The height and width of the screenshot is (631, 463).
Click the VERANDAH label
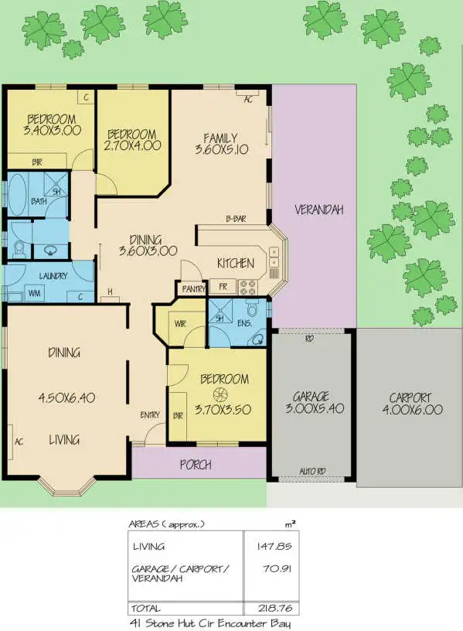pos(318,210)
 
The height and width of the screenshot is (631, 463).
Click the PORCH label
pos(196,465)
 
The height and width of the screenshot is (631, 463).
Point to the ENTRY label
pos(150,415)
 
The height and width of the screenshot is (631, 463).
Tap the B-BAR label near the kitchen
pos(236,219)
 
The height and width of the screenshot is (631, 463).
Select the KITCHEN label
pos(235,264)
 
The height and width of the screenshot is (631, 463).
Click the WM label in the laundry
pos(34,293)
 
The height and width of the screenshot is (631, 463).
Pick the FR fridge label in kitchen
pos(223,286)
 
